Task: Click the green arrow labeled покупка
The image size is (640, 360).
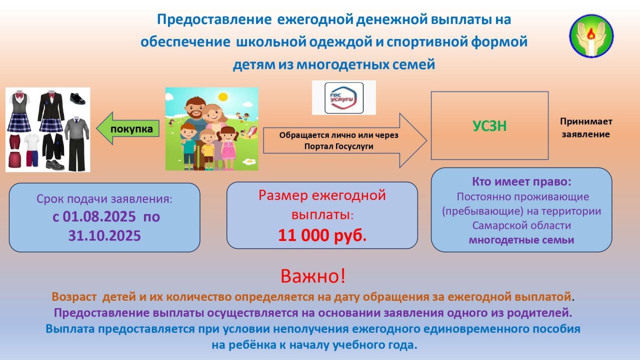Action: pyautogui.click(x=127, y=128)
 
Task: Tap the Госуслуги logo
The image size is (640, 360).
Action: pyautogui.click(x=344, y=98)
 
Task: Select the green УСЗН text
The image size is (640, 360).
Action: pyautogui.click(x=489, y=126)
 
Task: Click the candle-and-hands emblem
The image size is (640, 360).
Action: pyautogui.click(x=591, y=36)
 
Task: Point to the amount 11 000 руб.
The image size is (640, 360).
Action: pyautogui.click(x=322, y=235)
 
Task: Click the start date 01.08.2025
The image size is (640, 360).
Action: pyautogui.click(x=99, y=216)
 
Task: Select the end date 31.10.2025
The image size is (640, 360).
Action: pyautogui.click(x=104, y=235)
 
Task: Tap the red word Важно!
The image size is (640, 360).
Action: pyautogui.click(x=313, y=275)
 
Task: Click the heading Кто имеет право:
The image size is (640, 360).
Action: pyautogui.click(x=521, y=181)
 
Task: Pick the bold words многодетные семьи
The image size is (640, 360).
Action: pyautogui.click(x=521, y=240)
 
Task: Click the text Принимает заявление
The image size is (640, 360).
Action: pyautogui.click(x=585, y=127)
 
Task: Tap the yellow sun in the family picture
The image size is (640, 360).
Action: pyautogui.click(x=223, y=97)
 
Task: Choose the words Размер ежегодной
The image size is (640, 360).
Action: pyautogui.click(x=322, y=195)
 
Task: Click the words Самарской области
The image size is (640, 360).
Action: pyautogui.click(x=521, y=225)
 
